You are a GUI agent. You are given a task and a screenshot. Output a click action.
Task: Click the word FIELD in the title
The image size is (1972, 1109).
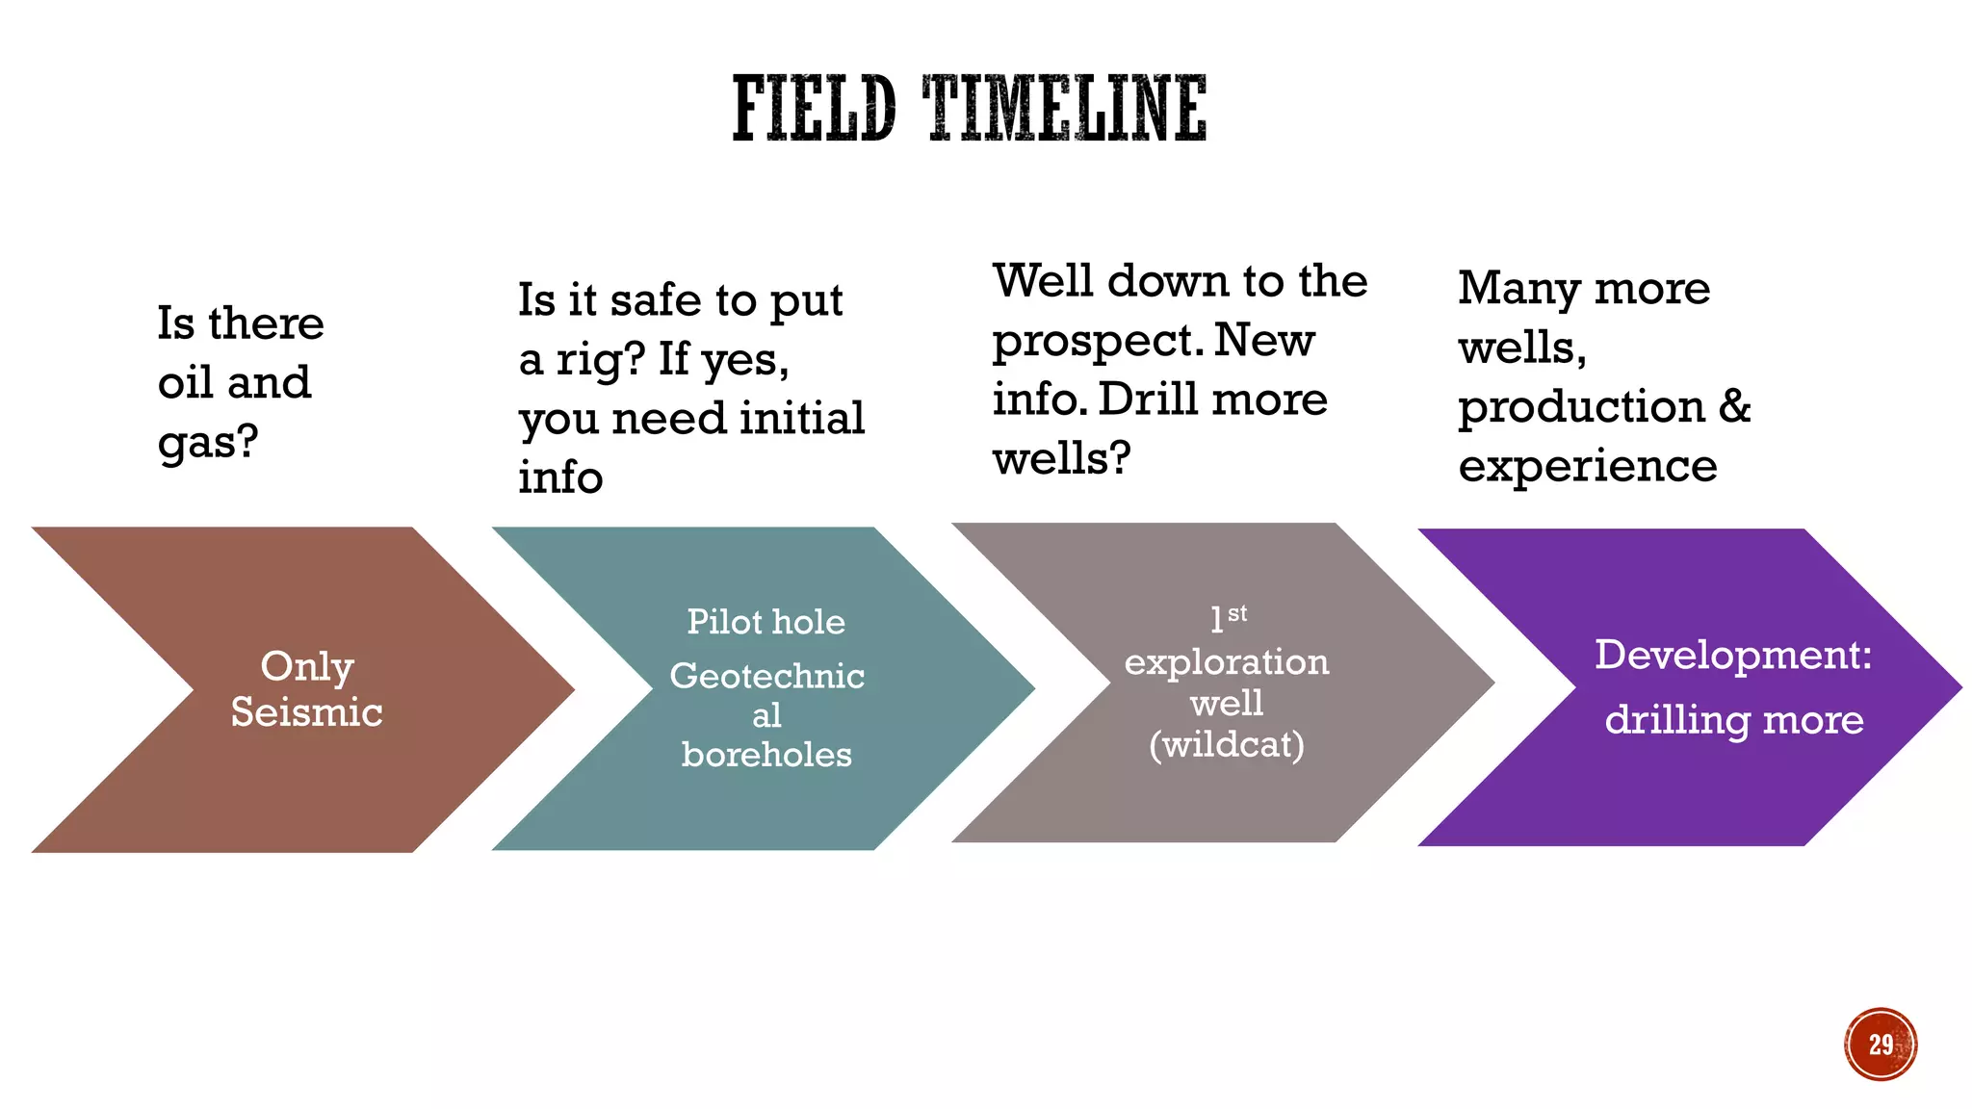pos(814,108)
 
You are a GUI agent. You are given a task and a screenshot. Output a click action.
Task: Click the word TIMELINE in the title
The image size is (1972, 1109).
pos(1065,108)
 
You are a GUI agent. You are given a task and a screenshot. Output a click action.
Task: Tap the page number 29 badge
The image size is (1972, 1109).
pos(1881,1045)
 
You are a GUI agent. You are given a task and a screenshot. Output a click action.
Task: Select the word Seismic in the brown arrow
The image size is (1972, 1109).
pos(306,712)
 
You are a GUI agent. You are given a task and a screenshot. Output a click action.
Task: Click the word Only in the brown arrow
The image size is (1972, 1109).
pos(306,666)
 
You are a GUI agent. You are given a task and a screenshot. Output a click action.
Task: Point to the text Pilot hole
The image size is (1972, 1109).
pos(765,622)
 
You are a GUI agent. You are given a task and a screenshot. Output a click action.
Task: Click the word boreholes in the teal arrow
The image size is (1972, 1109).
pos(766,755)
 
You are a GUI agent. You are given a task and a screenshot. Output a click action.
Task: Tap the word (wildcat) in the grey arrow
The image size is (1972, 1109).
pos(1227,744)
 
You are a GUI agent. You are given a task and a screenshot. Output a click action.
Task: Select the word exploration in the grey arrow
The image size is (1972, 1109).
pos(1227,662)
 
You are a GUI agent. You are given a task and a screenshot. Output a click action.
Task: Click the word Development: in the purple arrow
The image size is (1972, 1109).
pos(1733,655)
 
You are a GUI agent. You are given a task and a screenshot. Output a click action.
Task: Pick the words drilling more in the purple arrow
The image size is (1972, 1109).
pos(1733,720)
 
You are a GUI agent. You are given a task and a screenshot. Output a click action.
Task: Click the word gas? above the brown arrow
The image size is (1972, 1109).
pos(208,443)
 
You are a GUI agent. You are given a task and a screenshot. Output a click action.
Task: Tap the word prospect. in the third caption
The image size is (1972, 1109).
pos(1098,342)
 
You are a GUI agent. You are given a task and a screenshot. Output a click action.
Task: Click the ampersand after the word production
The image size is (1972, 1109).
pos(1734,405)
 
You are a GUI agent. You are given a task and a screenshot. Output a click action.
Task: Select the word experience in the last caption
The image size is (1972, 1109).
pos(1587,466)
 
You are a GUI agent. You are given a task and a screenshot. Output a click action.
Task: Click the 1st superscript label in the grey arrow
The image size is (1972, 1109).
pos(1229,617)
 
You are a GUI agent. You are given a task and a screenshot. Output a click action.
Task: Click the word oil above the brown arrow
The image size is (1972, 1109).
pos(184,383)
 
